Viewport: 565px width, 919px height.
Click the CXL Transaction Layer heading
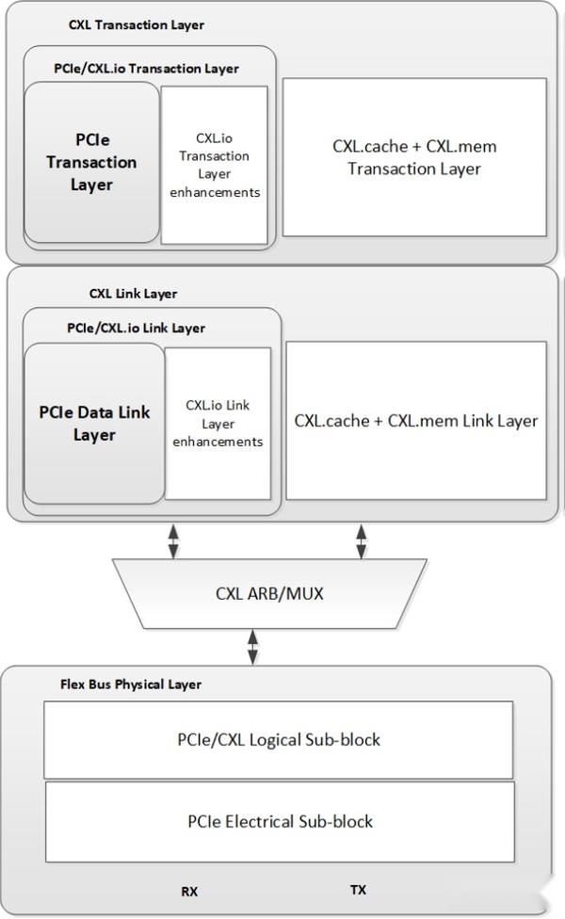click(x=136, y=24)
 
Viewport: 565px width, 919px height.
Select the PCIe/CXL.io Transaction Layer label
click(x=146, y=68)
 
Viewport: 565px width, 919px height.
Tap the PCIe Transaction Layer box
click(x=91, y=162)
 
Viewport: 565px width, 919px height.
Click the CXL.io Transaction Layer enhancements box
click(x=215, y=166)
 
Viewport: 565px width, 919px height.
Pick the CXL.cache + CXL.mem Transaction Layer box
click(x=414, y=157)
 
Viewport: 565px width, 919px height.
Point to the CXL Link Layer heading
click(x=133, y=293)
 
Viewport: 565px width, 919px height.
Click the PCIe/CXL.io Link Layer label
click(x=136, y=328)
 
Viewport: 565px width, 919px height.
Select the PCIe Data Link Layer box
click(x=93, y=423)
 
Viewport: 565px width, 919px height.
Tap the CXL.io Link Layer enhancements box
click(x=218, y=423)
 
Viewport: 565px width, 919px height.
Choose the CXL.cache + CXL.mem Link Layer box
click(x=415, y=420)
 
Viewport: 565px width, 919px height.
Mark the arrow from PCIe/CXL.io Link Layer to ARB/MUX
click(x=172, y=540)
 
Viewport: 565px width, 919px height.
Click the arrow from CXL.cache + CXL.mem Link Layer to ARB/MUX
click(x=361, y=540)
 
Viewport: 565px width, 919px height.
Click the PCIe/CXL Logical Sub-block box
click(x=279, y=739)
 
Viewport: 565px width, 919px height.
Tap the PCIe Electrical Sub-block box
click(x=280, y=821)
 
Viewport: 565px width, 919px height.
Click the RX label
click(x=189, y=890)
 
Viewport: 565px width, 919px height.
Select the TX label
click(x=358, y=889)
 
